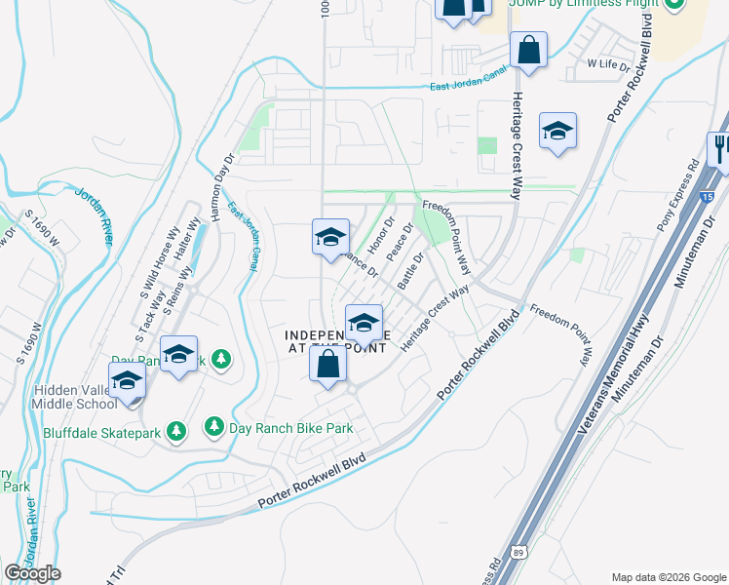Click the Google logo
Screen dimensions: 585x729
(32, 573)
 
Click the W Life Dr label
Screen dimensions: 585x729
(608, 63)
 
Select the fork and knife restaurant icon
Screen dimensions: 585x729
(721, 148)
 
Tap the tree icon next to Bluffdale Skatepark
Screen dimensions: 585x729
(176, 430)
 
